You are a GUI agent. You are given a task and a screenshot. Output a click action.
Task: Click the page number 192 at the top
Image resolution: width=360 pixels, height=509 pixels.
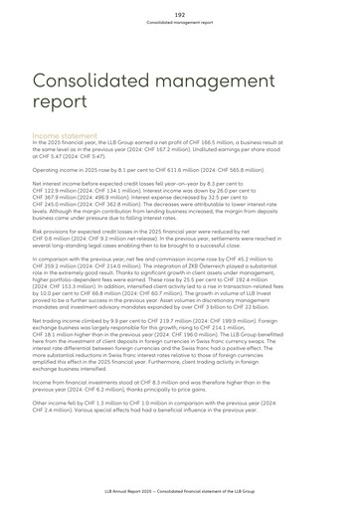pyautogui.click(x=180, y=14)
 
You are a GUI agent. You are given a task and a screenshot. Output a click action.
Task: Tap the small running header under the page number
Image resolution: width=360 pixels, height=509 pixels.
pyautogui.click(x=180, y=22)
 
